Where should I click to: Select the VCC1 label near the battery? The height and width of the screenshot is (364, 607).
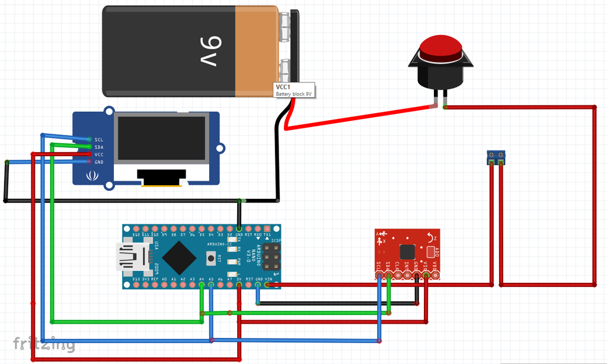pyautogui.click(x=283, y=88)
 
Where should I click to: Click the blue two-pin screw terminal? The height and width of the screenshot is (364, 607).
pyautogui.click(x=496, y=157)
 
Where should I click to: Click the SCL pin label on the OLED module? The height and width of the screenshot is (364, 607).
pyautogui.click(x=98, y=140)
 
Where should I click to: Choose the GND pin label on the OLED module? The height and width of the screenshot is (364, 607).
pyautogui.click(x=98, y=162)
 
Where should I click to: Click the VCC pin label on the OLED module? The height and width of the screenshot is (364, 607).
pyautogui.click(x=98, y=154)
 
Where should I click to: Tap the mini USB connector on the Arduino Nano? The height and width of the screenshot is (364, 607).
pyautogui.click(x=129, y=256)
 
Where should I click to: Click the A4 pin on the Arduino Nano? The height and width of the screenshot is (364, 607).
pyautogui.click(x=202, y=285)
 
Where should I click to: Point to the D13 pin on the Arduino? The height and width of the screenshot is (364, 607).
pyautogui.click(x=136, y=285)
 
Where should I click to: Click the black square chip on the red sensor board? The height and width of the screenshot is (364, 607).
pyautogui.click(x=407, y=251)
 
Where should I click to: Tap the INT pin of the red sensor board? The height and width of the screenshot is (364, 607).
pyautogui.click(x=407, y=275)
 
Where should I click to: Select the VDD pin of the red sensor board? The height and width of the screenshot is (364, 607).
pyautogui.click(x=436, y=275)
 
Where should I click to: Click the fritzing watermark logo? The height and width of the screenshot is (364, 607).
pyautogui.click(x=44, y=343)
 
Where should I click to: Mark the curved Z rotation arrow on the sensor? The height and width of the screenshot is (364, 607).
pyautogui.click(x=431, y=237)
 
